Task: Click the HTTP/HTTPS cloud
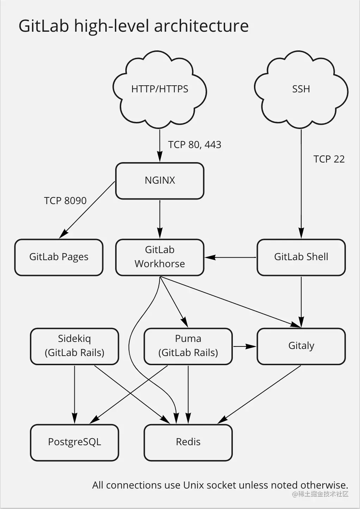coord(160,90)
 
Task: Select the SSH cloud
coord(301,90)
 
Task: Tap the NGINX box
coord(160,181)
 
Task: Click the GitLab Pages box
coord(59,257)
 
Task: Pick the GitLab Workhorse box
coord(160,257)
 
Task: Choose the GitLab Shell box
coord(301,257)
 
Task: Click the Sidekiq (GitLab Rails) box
coord(74,346)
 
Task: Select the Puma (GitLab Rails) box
coord(188,346)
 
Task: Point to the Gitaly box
coord(301,346)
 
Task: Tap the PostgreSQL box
coord(74,442)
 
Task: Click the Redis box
coord(188,442)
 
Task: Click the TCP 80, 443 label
coord(195,145)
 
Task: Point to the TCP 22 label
coord(329,159)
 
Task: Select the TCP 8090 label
coord(65,201)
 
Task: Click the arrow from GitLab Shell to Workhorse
coord(230,257)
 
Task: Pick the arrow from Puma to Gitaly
coord(244,346)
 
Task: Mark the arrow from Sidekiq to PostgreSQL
coord(74,395)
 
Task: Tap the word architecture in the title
coord(201,26)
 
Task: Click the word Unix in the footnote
coord(193,485)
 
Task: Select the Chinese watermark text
coord(320,494)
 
